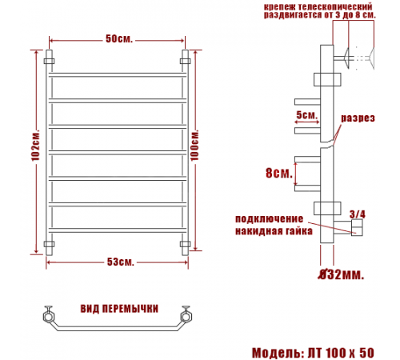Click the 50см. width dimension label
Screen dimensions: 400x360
click(119, 39)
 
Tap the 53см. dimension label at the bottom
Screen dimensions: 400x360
click(120, 262)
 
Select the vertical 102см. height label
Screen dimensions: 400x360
click(36, 146)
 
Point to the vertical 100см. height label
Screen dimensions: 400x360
click(194, 146)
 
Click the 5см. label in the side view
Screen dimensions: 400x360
click(307, 115)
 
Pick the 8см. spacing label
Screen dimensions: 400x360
click(279, 173)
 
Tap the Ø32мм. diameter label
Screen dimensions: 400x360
click(341, 274)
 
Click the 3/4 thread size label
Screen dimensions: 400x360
click(358, 214)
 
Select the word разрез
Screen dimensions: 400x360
click(358, 118)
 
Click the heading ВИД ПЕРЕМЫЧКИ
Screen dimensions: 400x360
click(119, 309)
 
